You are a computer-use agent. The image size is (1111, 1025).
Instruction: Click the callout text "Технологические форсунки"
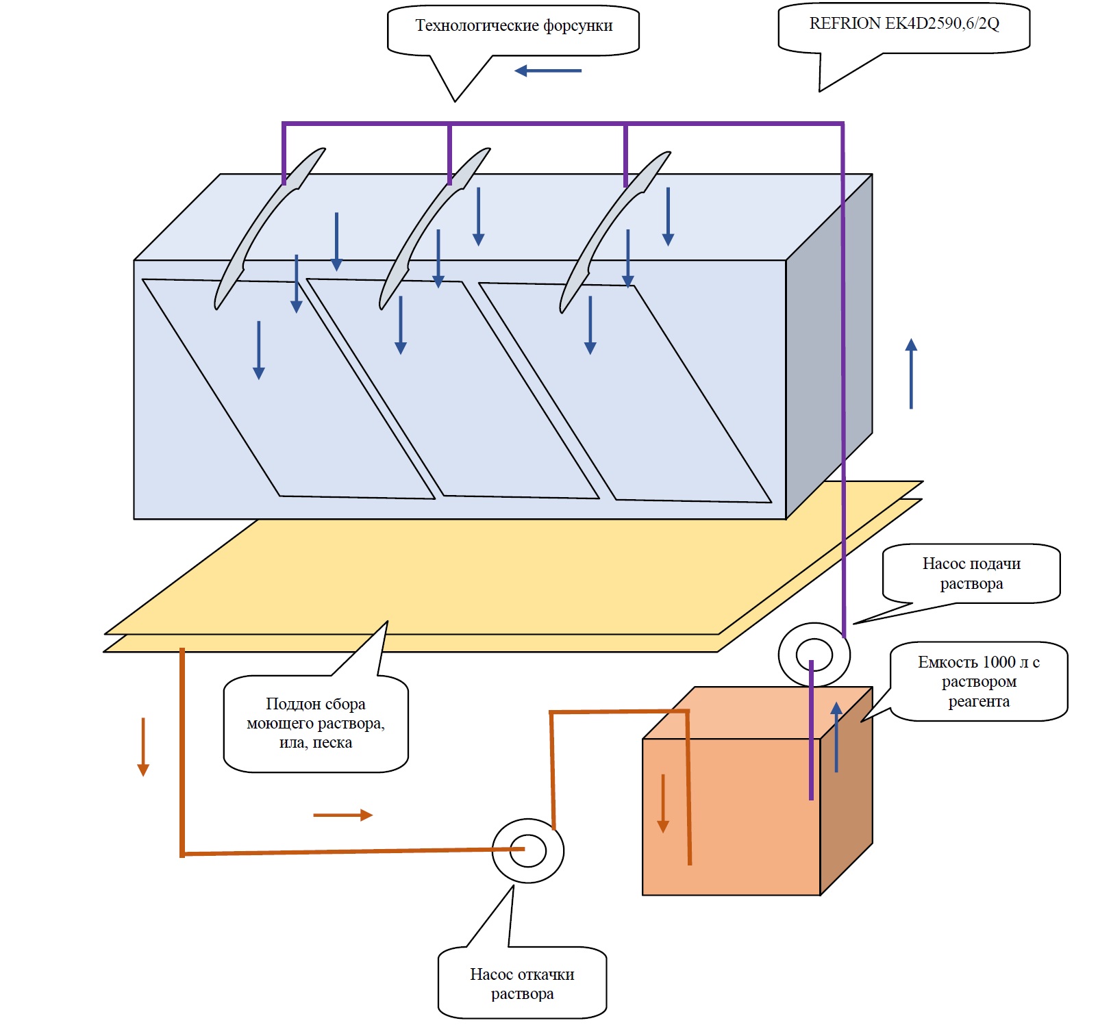514,26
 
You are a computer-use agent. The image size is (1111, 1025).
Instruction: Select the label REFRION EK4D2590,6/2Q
904,24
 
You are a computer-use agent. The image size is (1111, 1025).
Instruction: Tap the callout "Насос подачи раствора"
971,574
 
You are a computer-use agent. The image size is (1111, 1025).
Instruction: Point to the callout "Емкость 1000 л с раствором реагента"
979,681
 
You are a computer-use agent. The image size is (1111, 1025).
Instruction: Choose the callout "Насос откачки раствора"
522,983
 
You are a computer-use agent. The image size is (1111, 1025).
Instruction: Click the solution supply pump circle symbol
814,655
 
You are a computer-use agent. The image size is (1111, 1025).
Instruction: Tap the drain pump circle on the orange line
528,851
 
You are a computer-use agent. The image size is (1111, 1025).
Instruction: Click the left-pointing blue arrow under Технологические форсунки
548,71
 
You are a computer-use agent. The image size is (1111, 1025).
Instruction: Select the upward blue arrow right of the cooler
911,374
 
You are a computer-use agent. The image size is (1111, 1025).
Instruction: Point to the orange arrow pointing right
342,815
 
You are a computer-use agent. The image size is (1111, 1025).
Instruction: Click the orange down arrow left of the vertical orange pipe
143,746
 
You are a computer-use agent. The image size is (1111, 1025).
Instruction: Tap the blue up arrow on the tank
836,737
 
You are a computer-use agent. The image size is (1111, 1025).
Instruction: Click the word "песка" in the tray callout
332,743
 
